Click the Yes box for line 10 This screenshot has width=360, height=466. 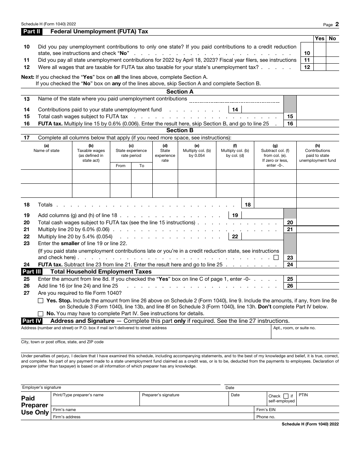[x=320, y=50]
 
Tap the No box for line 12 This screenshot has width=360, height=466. [x=332, y=67]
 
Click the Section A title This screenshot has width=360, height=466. [x=180, y=92]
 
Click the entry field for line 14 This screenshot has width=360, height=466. [x=262, y=109]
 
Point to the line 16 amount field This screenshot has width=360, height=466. [x=318, y=124]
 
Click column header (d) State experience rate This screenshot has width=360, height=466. [x=165, y=153]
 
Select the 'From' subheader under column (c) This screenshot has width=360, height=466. [x=121, y=166]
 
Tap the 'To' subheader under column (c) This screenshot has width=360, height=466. [x=142, y=166]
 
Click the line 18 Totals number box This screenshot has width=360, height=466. [x=247, y=205]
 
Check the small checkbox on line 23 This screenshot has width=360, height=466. [x=276, y=257]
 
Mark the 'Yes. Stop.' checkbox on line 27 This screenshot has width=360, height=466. [x=41, y=300]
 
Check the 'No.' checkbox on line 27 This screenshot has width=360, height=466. [x=41, y=313]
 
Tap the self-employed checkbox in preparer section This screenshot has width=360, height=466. [x=286, y=396]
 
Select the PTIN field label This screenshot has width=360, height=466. [x=303, y=395]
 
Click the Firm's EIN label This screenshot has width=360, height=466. [x=266, y=410]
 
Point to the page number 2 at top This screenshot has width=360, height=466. [x=337, y=24]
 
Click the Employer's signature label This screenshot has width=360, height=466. [x=41, y=387]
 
